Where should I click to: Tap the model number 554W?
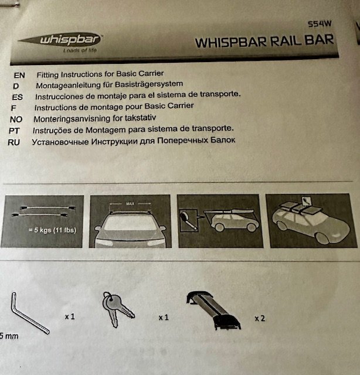click(320, 24)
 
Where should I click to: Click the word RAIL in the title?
click(286, 41)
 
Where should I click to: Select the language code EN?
click(19, 76)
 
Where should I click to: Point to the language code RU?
click(13, 142)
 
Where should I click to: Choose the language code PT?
click(14, 131)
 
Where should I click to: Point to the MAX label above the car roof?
click(130, 204)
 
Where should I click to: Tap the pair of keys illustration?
click(117, 309)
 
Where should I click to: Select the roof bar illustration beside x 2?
click(213, 310)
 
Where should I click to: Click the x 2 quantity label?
click(260, 318)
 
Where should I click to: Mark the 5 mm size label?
click(9, 336)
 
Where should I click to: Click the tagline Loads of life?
click(80, 50)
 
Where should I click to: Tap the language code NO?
click(16, 120)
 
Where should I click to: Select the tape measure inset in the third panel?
click(189, 221)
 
